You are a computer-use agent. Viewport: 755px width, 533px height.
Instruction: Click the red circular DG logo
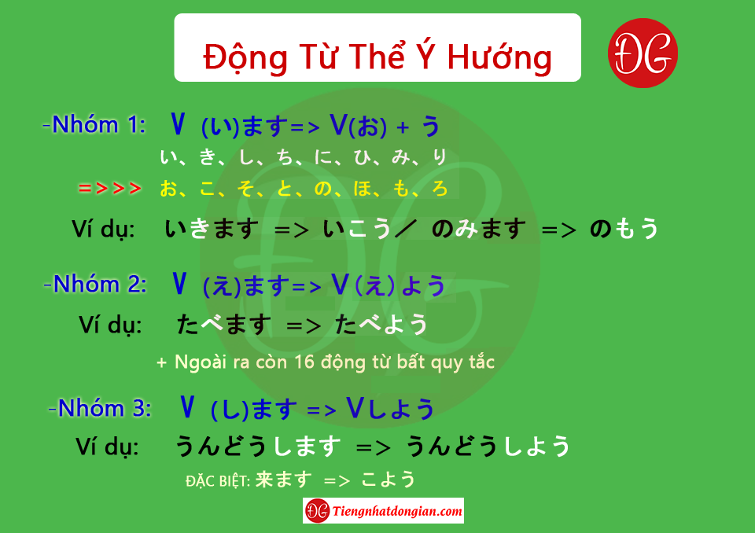click(x=643, y=53)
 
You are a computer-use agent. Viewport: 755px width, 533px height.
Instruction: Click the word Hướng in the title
click(x=499, y=57)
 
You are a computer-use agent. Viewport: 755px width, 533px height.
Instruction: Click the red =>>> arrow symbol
click(x=110, y=188)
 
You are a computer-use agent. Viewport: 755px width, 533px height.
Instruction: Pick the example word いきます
click(x=212, y=229)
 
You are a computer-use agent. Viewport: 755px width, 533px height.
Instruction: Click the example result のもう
click(x=624, y=228)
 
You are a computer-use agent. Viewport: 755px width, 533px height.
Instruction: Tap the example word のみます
click(x=479, y=228)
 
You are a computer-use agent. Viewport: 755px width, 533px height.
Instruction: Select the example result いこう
click(x=357, y=229)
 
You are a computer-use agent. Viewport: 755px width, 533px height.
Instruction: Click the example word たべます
click(x=224, y=324)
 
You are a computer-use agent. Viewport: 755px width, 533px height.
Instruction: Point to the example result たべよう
click(x=381, y=324)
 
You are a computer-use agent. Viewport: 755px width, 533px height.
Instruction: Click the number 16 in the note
click(x=304, y=362)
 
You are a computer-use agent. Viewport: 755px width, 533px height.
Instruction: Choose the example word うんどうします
click(x=258, y=446)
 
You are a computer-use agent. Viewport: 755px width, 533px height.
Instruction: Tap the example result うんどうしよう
click(x=488, y=446)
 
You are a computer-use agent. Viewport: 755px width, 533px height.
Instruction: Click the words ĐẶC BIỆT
click(x=218, y=480)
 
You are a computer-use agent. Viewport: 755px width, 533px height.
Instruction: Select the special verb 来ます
click(x=284, y=480)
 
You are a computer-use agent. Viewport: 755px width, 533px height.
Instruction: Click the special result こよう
click(x=388, y=480)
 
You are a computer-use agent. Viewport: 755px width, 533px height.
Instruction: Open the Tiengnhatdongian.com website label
click(x=383, y=511)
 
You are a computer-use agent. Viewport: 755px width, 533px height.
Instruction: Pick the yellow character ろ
click(x=440, y=188)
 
